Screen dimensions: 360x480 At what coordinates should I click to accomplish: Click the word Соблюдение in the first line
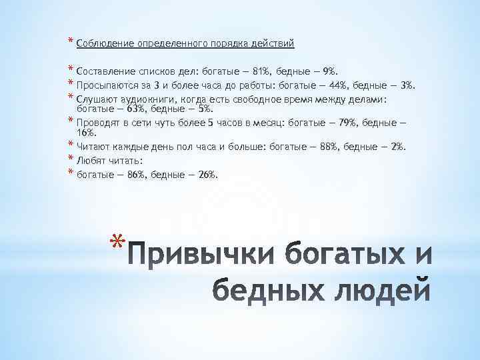[105, 44]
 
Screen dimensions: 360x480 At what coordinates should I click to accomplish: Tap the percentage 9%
[331, 71]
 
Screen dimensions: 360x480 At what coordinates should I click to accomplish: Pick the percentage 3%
[408, 85]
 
